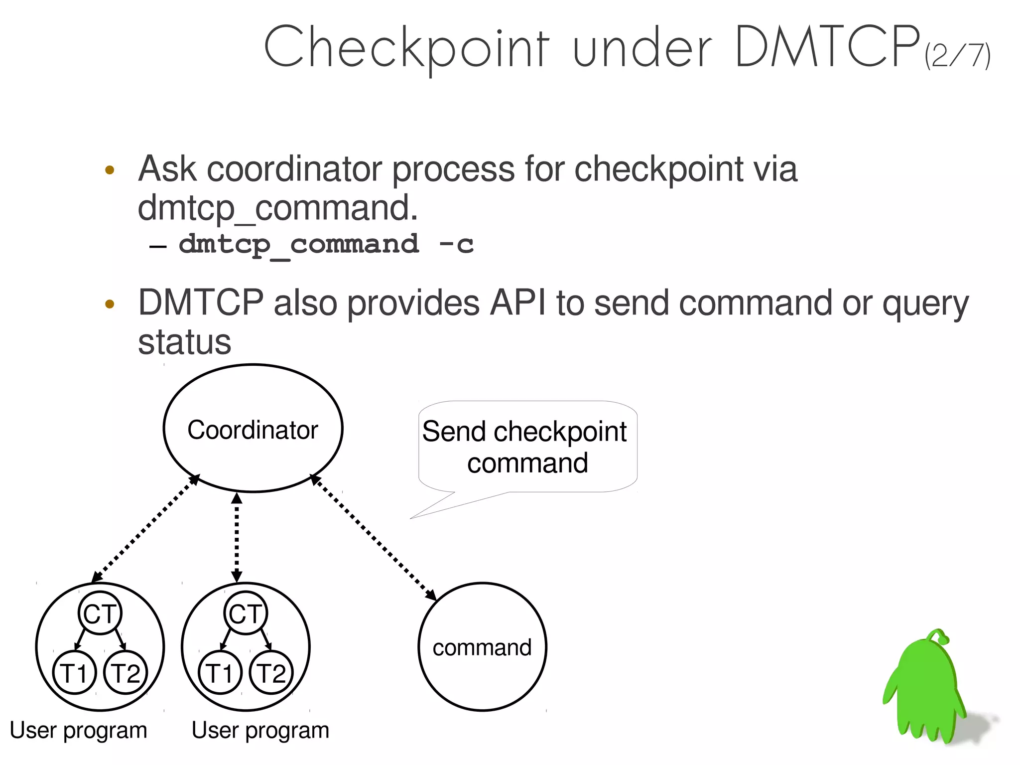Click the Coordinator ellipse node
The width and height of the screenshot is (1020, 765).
(253, 429)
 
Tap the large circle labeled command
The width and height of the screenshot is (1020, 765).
(482, 647)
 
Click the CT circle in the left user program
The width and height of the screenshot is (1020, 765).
(100, 613)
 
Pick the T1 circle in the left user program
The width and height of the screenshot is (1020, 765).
(74, 672)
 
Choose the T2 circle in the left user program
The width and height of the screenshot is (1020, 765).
(126, 672)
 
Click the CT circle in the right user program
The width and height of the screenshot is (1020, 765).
(245, 613)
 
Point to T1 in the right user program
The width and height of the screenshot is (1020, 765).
(220, 672)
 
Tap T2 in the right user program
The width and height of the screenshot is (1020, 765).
(271, 672)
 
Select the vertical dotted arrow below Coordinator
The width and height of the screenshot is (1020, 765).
(237, 537)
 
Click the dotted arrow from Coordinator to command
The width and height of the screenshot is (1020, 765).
(374, 538)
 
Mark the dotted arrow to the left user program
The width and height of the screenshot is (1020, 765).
(145, 529)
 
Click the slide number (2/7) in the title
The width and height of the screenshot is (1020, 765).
(957, 56)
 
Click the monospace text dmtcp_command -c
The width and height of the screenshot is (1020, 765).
(326, 245)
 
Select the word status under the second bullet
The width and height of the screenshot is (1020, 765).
(184, 342)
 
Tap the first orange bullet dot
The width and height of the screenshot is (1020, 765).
(110, 170)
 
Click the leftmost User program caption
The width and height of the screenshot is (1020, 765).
(79, 731)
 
